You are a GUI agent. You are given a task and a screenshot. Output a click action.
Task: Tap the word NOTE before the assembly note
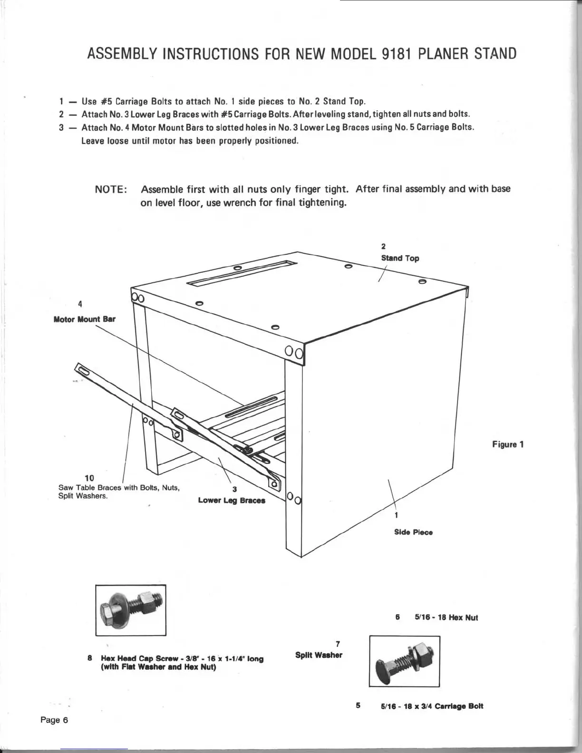tap(111, 189)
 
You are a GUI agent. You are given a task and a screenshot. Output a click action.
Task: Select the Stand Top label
tap(400, 258)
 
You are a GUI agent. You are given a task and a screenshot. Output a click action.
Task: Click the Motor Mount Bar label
tap(84, 319)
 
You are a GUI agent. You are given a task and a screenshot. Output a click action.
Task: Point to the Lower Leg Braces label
tap(232, 500)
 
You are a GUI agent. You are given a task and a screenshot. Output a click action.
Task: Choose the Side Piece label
tap(413, 532)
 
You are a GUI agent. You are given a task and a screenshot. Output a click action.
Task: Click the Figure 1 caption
tap(508, 444)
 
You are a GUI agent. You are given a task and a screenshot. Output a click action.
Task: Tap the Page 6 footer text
tap(54, 720)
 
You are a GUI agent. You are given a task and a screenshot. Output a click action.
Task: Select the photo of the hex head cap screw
tap(131, 610)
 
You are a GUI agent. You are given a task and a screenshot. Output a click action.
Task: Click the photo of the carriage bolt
tap(404, 661)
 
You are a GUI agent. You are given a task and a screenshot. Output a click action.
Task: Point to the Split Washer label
tap(319, 655)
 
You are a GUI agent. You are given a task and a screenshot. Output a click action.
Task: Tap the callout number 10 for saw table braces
tap(89, 478)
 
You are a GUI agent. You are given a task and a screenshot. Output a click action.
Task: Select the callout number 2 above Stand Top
tap(383, 246)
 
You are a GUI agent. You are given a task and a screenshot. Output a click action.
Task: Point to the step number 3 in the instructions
tap(61, 127)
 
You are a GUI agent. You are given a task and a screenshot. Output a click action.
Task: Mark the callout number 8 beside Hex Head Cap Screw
tap(90, 658)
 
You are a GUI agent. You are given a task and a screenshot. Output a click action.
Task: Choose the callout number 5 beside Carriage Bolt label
tap(359, 705)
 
